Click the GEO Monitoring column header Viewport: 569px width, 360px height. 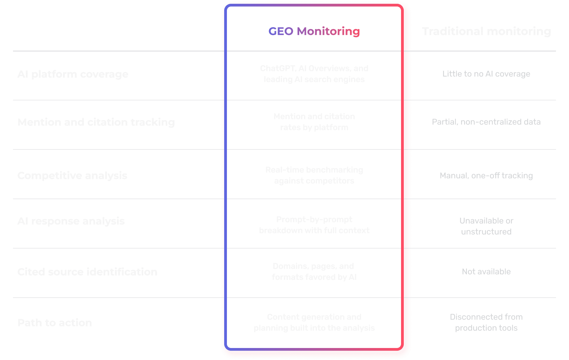point(314,31)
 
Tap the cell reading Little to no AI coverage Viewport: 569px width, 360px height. point(486,74)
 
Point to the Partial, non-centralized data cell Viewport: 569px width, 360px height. point(486,122)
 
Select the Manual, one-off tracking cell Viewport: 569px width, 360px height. point(486,176)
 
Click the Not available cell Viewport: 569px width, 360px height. point(486,272)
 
